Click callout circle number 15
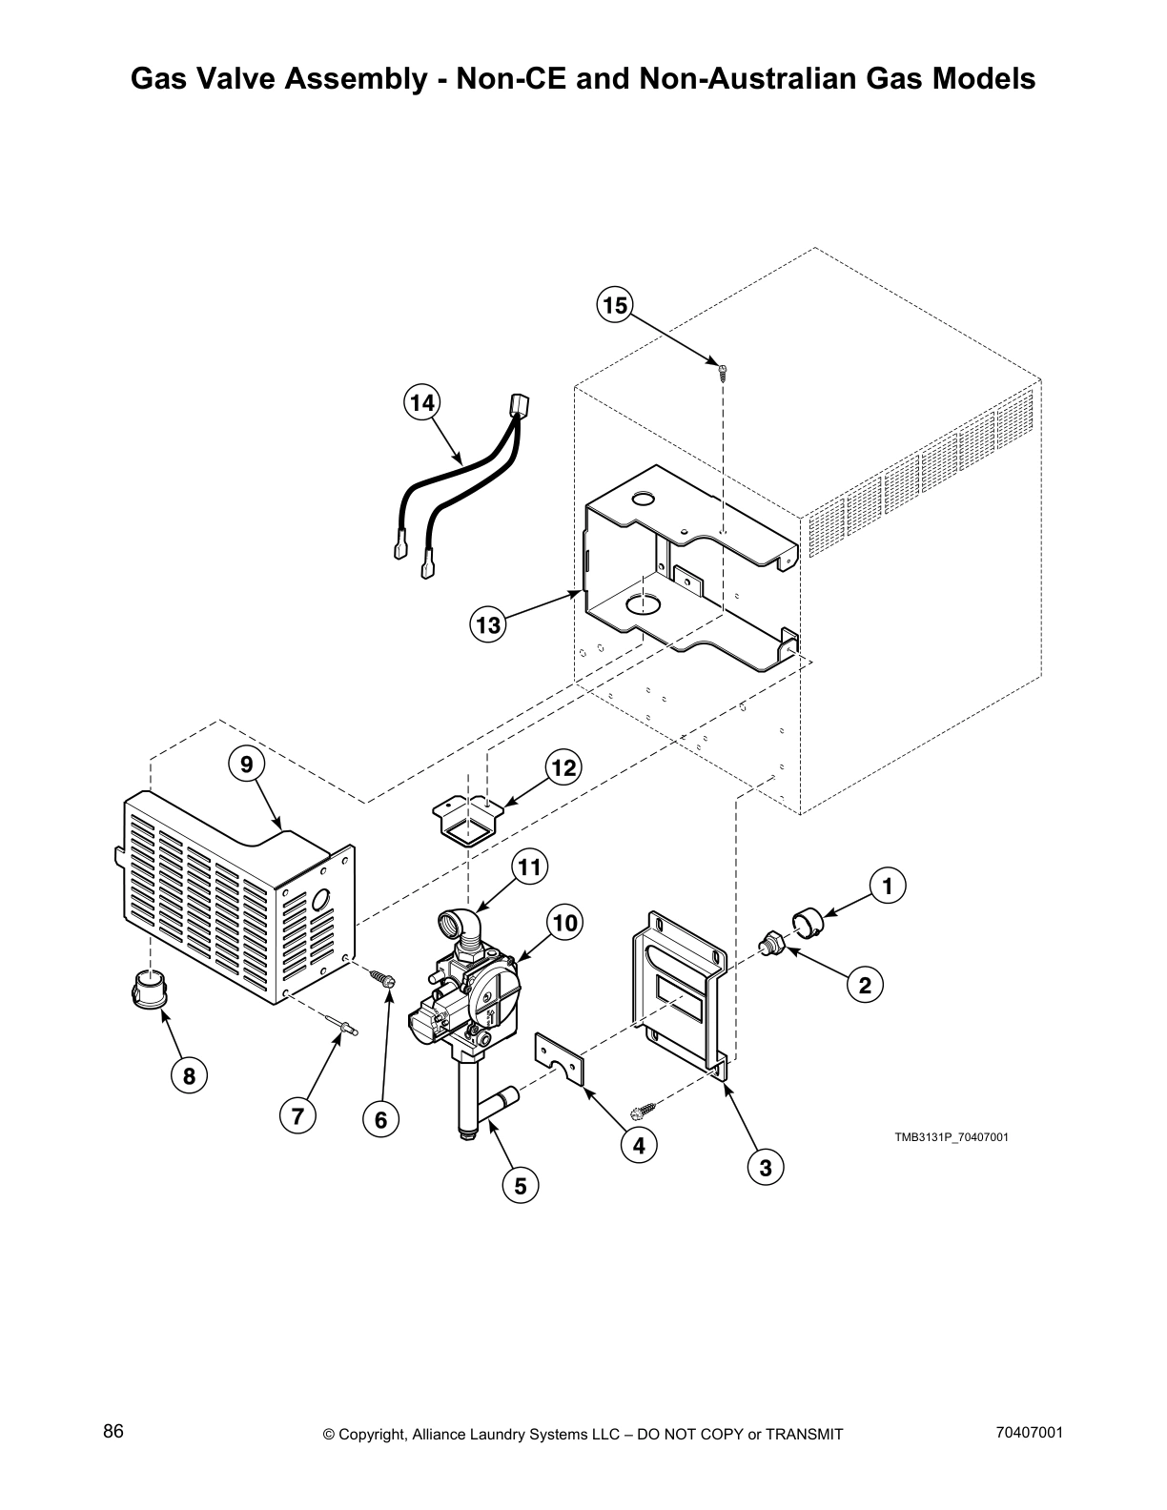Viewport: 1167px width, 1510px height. click(x=615, y=305)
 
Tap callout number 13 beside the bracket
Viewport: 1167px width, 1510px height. click(x=488, y=625)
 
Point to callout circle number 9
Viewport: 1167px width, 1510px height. click(x=246, y=764)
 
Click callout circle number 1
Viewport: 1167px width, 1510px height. click(x=887, y=886)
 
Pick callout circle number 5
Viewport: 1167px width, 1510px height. click(x=521, y=1186)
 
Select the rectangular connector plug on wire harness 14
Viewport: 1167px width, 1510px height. click(x=519, y=406)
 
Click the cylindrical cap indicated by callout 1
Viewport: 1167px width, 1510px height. click(x=809, y=922)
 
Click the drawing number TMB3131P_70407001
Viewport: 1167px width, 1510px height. click(x=951, y=1137)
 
